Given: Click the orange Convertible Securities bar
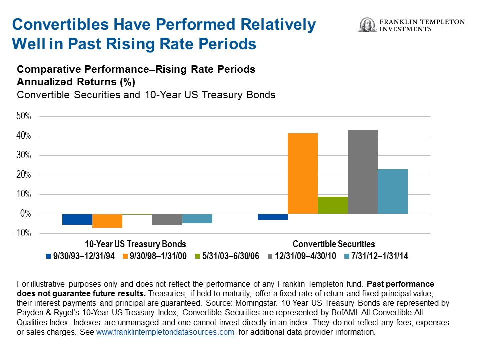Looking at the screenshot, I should click(303, 173).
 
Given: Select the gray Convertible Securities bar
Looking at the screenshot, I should click(363, 172).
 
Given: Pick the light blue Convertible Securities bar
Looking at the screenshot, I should click(393, 191).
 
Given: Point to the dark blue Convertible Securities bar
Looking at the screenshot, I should click(273, 217).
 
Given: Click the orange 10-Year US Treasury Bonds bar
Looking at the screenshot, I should click(107, 221).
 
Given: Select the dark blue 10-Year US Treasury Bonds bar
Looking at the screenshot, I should click(77, 219).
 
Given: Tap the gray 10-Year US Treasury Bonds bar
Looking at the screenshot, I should click(167, 220).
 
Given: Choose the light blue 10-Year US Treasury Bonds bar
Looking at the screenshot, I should click(197, 219).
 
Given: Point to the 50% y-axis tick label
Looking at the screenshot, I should click(24, 116).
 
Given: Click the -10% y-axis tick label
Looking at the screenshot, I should click(23, 233).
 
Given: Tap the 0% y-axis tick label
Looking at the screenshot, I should click(26, 214).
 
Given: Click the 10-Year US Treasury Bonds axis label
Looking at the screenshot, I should click(135, 244).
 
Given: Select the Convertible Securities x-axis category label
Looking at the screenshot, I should click(333, 244).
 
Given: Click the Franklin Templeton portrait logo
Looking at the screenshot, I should click(367, 25).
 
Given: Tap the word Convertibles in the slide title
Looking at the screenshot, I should click(61, 25).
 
